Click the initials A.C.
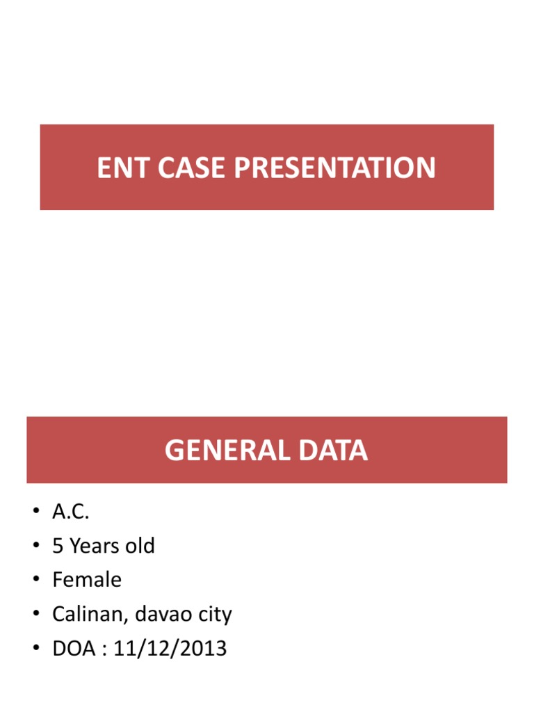[71, 512]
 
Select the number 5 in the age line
[58, 547]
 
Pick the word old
[140, 547]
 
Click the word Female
[87, 581]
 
